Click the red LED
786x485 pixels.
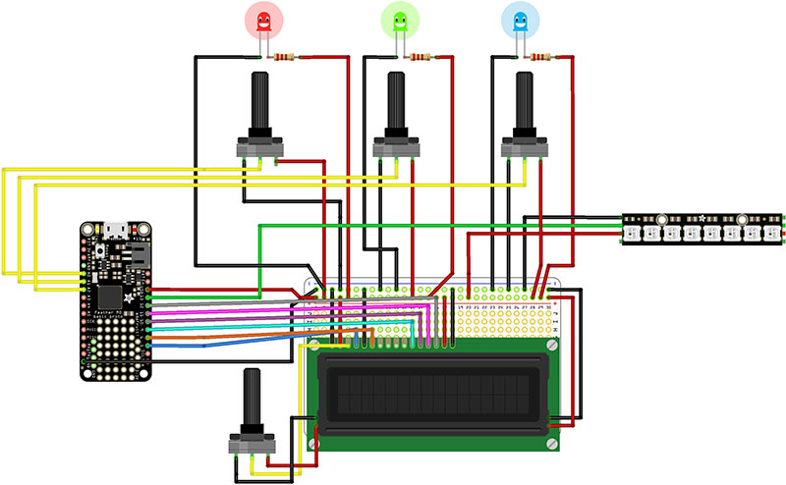[262, 21]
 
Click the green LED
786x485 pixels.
[399, 21]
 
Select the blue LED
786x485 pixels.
[521, 21]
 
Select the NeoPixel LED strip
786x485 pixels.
[703, 228]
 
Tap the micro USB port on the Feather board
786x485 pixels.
[115, 232]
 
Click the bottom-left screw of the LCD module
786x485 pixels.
[315, 444]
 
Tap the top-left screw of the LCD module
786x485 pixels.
[315, 346]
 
